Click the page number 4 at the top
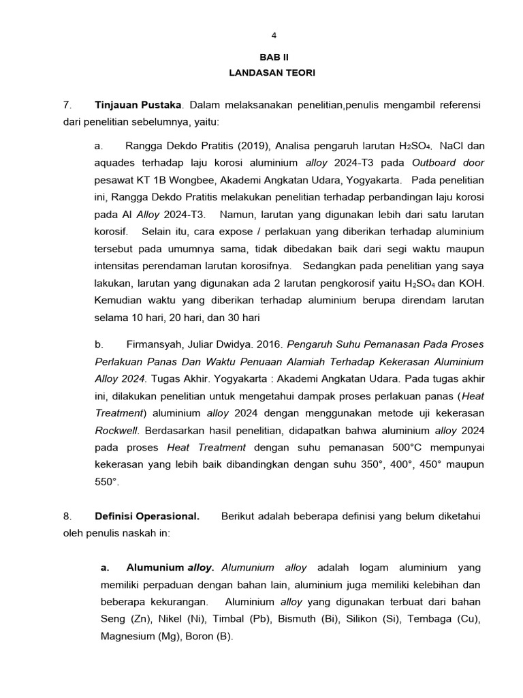(x=274, y=35)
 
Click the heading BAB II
(x=274, y=58)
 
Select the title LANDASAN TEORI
(x=274, y=72)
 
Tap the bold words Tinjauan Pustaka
(x=138, y=105)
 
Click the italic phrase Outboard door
(x=446, y=163)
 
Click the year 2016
(x=267, y=344)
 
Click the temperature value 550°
(x=107, y=481)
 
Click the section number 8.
(x=66, y=516)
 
